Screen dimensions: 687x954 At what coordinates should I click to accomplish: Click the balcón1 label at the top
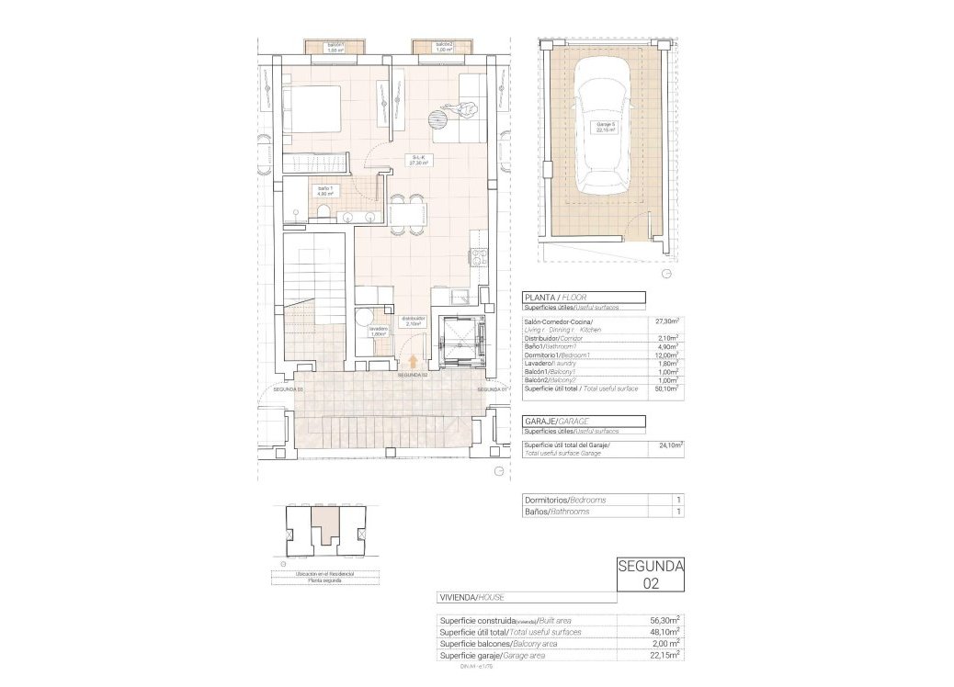335,47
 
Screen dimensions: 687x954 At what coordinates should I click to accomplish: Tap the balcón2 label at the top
444,47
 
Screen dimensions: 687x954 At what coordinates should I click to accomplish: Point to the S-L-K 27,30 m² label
419,161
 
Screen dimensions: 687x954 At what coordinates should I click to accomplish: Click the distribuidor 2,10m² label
412,321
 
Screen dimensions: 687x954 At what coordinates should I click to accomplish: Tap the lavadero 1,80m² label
378,332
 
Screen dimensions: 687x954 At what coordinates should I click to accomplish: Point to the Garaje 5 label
604,128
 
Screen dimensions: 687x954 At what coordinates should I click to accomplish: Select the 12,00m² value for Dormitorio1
665,355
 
